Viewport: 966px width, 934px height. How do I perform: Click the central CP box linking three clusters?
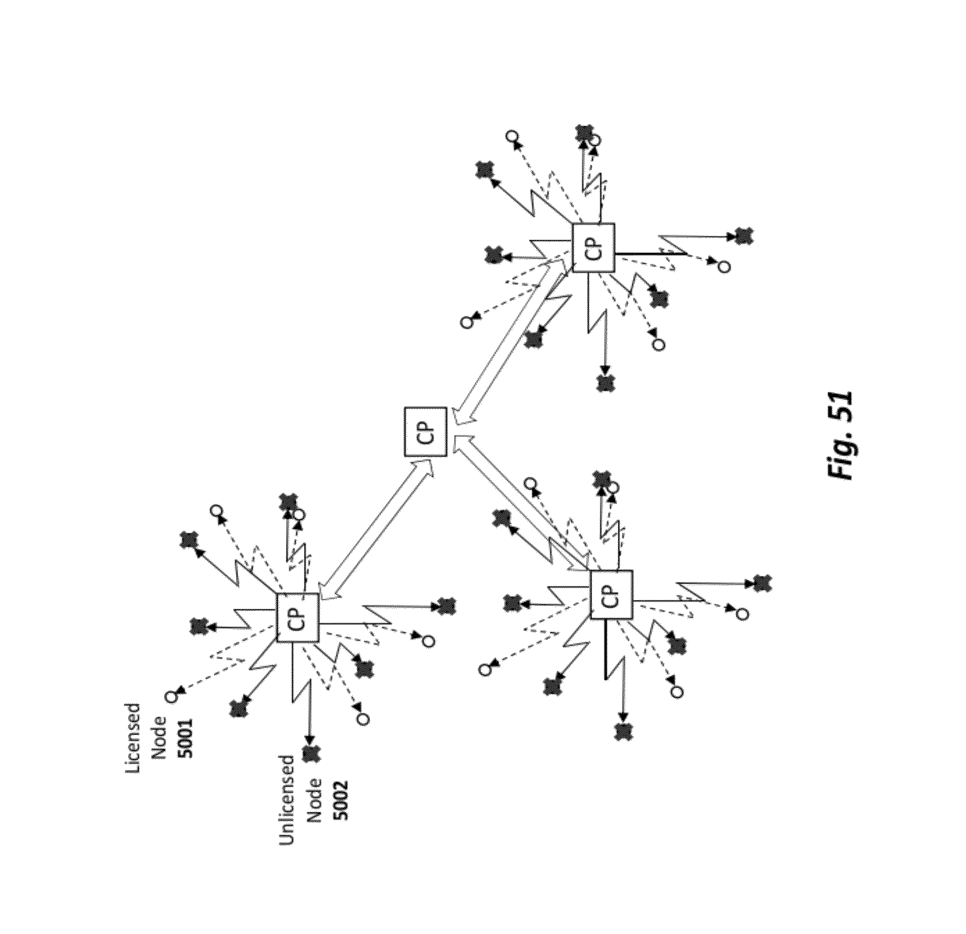coord(425,431)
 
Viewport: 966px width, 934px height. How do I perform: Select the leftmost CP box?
coord(298,617)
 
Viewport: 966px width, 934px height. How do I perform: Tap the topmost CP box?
coord(593,247)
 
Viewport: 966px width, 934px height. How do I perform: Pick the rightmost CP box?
coord(611,594)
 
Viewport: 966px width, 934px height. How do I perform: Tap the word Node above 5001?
coord(160,744)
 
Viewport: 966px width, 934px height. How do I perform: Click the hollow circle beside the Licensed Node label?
coord(171,696)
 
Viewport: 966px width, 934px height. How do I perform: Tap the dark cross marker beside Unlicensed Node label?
coord(310,753)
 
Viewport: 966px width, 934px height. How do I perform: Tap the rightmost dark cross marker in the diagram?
coord(761,583)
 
